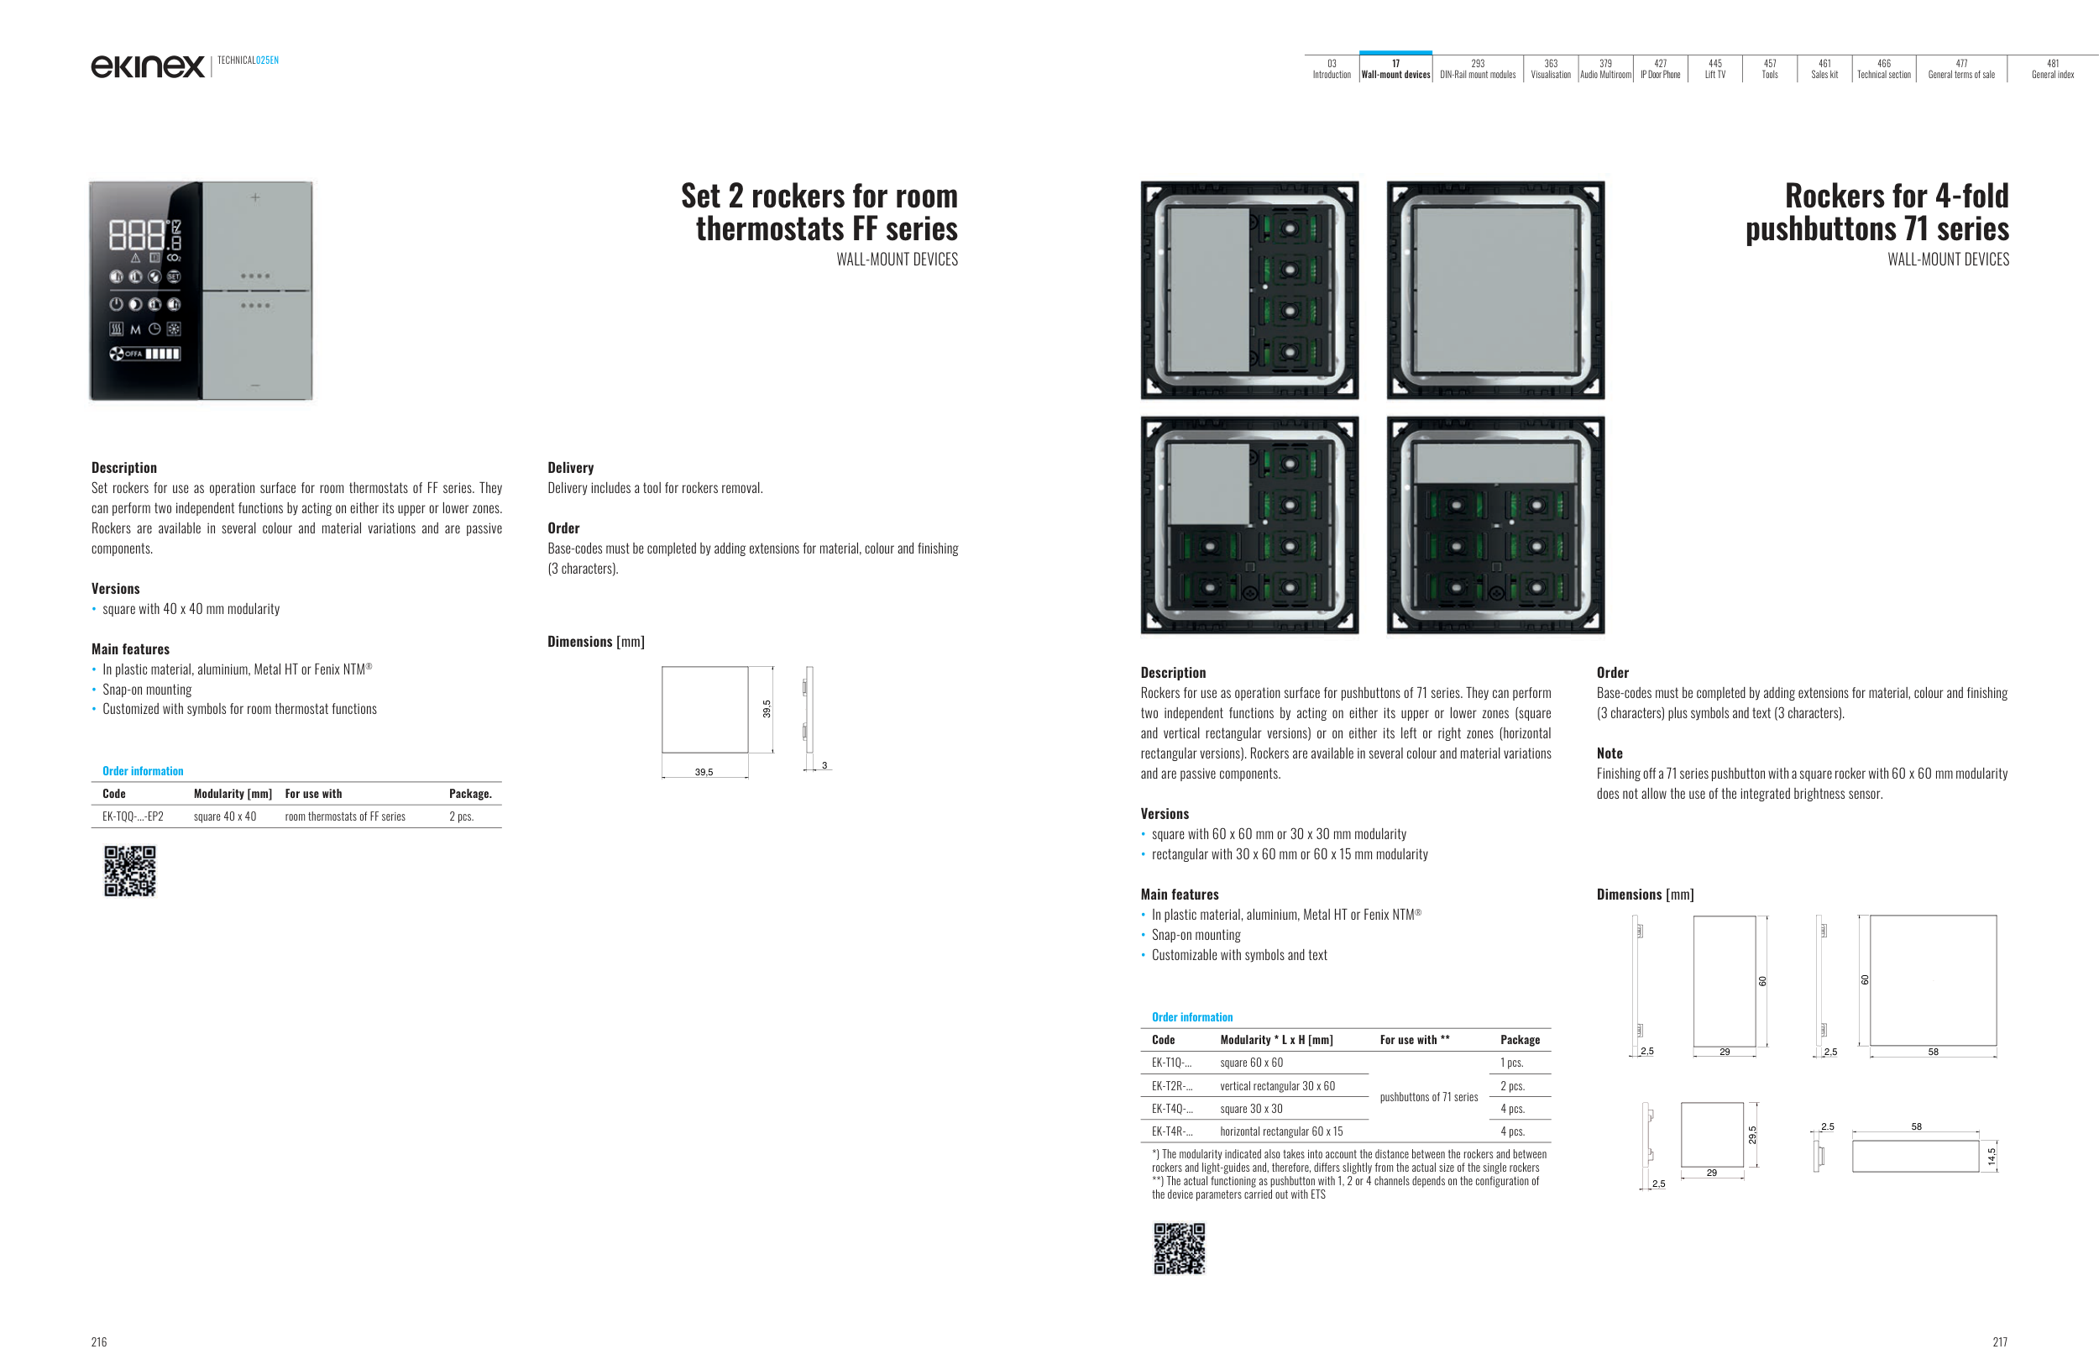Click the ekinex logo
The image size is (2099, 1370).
pos(147,66)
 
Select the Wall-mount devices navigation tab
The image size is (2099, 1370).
pos(1395,69)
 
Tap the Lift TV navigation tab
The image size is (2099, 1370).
pos(1714,69)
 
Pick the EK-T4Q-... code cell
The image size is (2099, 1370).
pos(1171,1109)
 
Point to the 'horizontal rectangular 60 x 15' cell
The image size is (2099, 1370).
pos(1280,1131)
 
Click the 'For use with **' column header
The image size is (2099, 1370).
pos(1415,1040)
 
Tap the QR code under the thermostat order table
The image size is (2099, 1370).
pos(129,871)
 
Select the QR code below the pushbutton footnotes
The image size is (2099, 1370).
pos(1179,1248)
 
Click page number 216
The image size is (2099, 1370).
pos(99,1341)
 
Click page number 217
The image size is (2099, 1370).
pos(1999,1341)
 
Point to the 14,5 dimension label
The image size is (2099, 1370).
pos(1991,1156)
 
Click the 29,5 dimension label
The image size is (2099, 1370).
pos(1751,1136)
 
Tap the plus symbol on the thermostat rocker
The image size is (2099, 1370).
pos(256,197)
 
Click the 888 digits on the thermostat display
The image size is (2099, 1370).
pos(137,235)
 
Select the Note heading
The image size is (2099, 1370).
pos(1609,753)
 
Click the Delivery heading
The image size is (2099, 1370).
pos(571,468)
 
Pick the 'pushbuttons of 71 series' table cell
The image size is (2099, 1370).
pos(1429,1097)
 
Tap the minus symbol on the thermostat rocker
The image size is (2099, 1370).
pos(256,386)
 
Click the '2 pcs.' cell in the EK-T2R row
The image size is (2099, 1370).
pos(1512,1086)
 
